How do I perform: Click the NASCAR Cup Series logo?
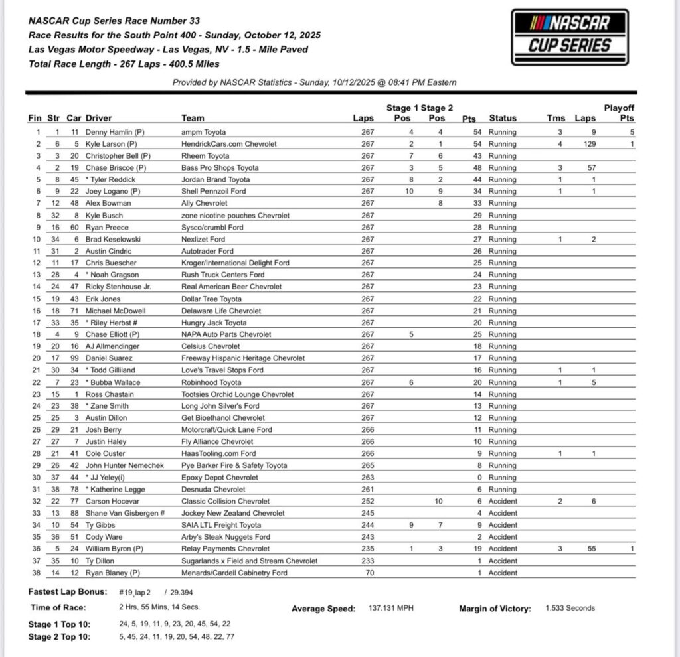pos(569,36)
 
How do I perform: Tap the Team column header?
pos(193,119)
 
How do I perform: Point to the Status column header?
pos(503,119)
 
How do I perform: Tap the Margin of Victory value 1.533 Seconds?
pos(570,608)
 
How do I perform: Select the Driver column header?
pos(99,119)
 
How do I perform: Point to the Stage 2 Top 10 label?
pos(60,637)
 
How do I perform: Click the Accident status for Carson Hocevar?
pos(503,501)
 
